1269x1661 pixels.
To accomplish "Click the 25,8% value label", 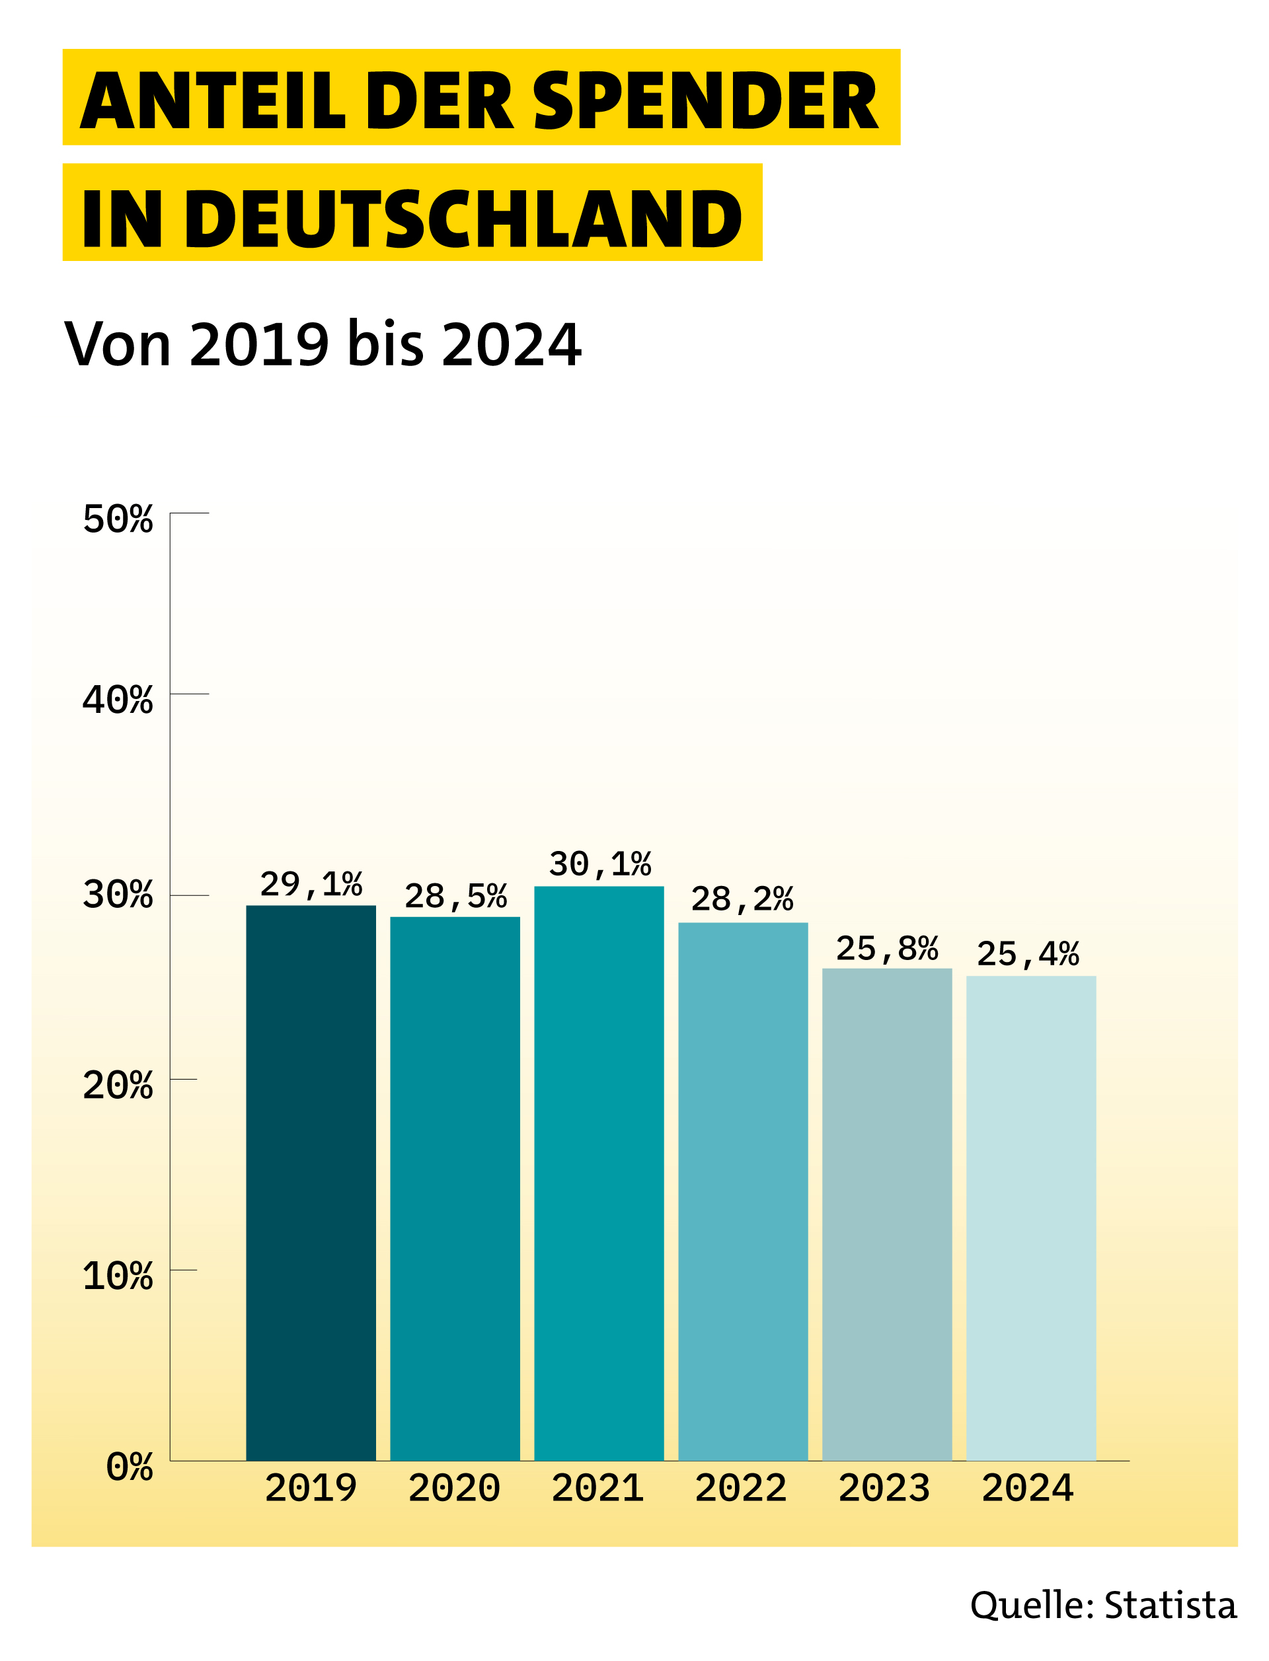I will pos(887,948).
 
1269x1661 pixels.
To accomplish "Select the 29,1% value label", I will pos(311,884).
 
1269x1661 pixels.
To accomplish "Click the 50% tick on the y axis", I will pos(118,519).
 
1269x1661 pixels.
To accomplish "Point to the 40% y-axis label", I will pos(118,700).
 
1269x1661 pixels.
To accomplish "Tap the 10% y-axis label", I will pos(118,1276).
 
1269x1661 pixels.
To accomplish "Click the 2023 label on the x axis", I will pos(884,1488).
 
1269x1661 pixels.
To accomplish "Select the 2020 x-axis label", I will pos(454,1488).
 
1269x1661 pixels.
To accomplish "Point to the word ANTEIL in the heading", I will pos(212,100).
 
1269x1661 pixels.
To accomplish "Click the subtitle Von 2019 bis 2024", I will pos(323,344).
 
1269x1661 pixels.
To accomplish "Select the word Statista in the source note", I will pos(1170,1605).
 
